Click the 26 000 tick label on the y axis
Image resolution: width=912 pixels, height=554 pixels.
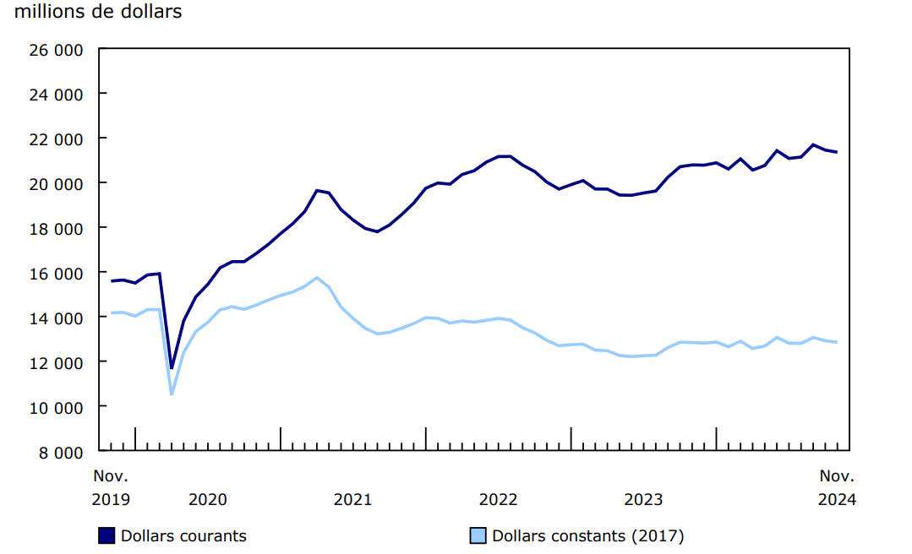(57, 49)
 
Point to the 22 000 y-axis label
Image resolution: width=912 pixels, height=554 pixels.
(57, 138)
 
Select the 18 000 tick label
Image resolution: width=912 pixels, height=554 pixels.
(57, 228)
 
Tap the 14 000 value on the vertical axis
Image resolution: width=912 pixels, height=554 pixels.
(57, 318)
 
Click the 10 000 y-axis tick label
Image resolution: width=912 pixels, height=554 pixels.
(57, 407)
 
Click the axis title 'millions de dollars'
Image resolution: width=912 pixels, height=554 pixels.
(98, 13)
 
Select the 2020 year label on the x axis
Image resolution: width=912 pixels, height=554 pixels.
(208, 499)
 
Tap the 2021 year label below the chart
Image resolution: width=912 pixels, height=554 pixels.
(353, 499)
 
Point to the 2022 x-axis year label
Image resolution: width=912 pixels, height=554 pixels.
(499, 499)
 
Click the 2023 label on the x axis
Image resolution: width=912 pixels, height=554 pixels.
(644, 499)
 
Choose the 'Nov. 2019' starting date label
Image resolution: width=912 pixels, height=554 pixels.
(111, 487)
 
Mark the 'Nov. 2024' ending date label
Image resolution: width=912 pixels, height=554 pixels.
(837, 487)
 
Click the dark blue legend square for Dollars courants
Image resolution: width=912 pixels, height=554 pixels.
(106, 535)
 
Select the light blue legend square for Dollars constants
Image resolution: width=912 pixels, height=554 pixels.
(478, 535)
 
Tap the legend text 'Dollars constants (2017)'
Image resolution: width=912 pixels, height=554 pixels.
(588, 535)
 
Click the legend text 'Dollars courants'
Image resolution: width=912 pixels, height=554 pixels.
(183, 535)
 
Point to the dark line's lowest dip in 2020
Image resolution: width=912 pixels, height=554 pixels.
(172, 368)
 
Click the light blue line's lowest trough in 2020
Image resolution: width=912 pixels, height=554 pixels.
(172, 394)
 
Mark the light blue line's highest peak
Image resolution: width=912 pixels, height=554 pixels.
(317, 277)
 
